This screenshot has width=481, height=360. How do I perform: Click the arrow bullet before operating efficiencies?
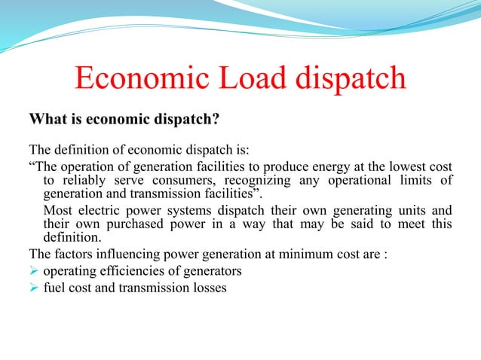point(33,270)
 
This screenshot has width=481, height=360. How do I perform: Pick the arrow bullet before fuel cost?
point(33,287)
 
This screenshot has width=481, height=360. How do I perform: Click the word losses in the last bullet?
point(207,287)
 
